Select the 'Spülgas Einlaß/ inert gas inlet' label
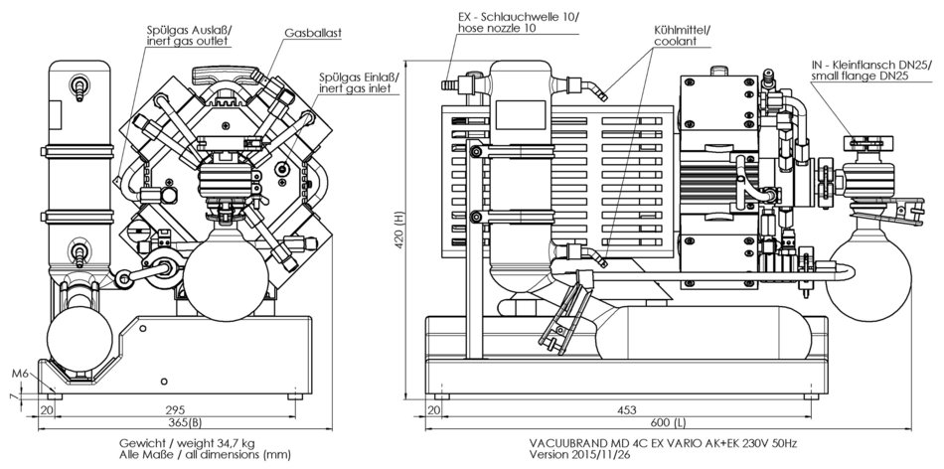355,82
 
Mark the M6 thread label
19,374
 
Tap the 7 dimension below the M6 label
13,395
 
